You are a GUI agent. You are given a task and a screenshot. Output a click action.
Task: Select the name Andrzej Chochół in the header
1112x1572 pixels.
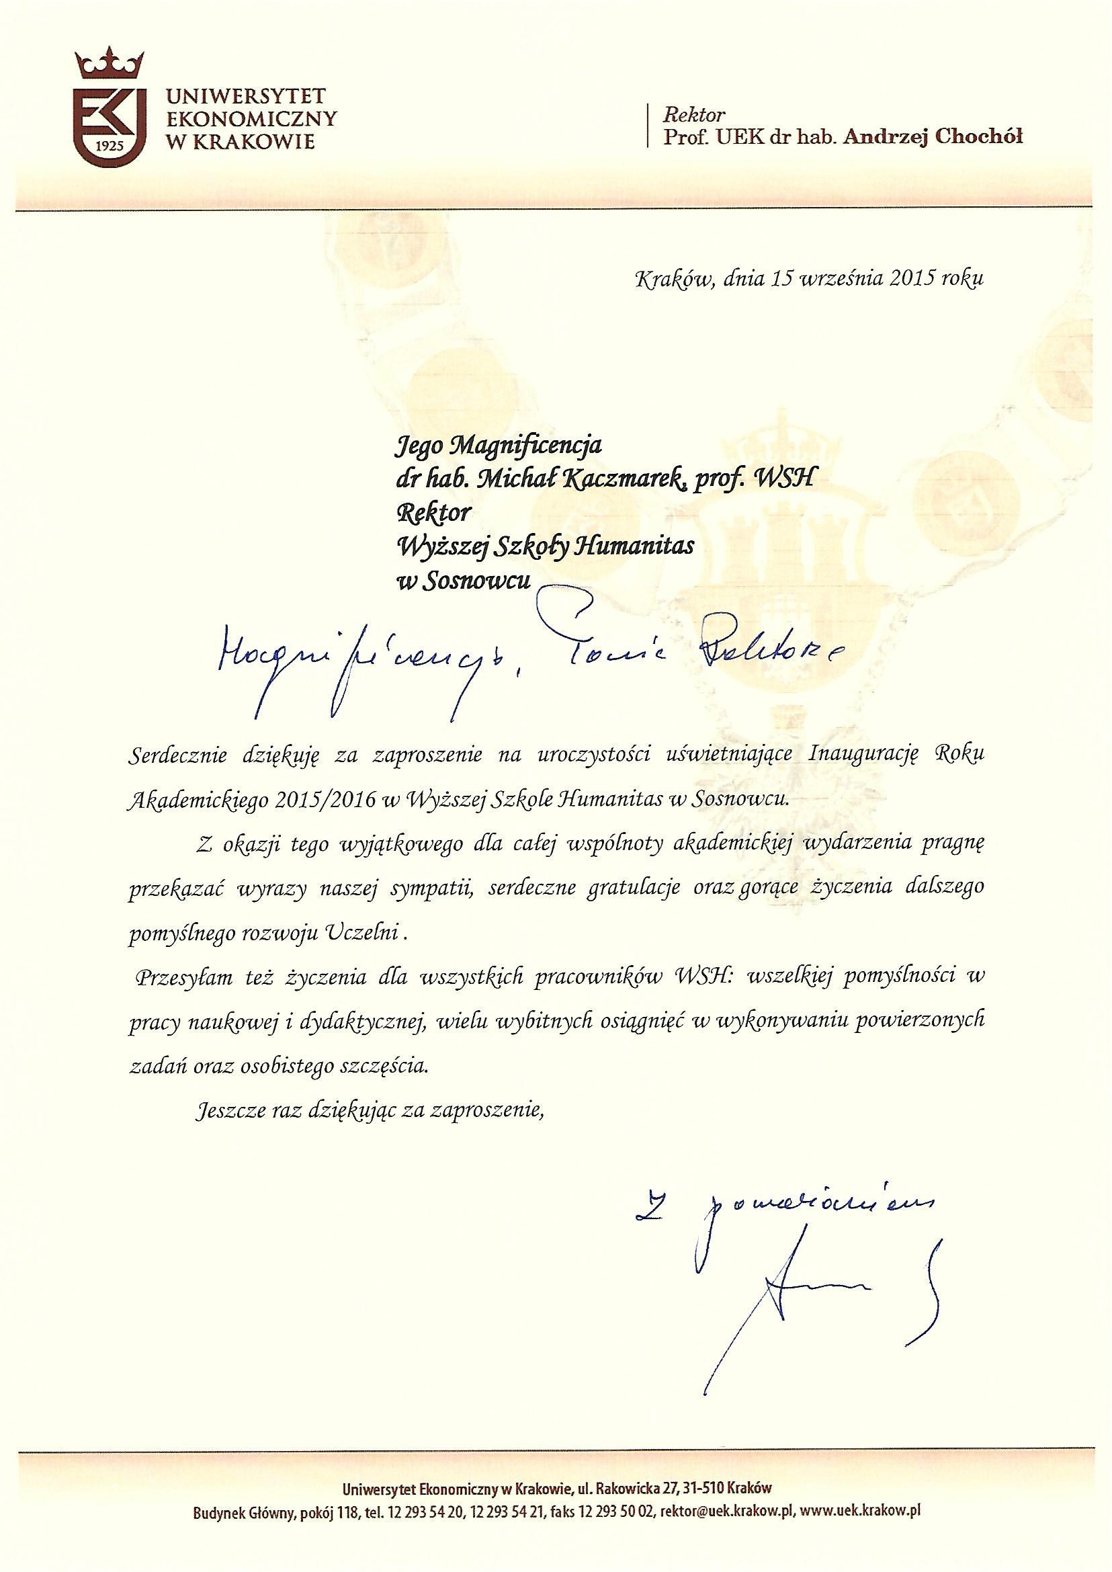click(933, 137)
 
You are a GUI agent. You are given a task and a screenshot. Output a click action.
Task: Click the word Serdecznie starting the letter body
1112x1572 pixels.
click(180, 755)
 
